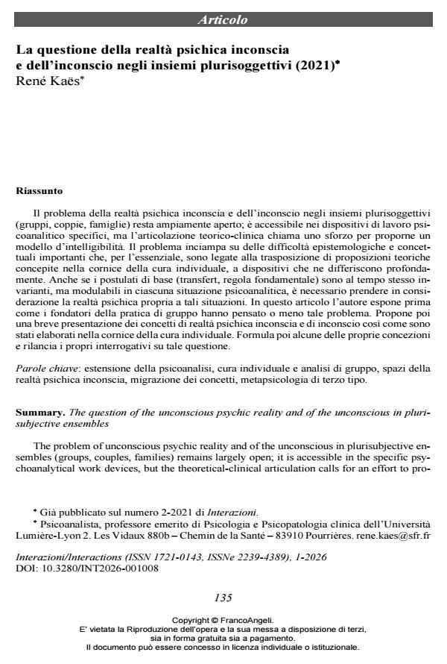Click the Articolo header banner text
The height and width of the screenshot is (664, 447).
click(223, 19)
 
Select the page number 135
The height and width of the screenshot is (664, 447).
click(223, 598)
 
